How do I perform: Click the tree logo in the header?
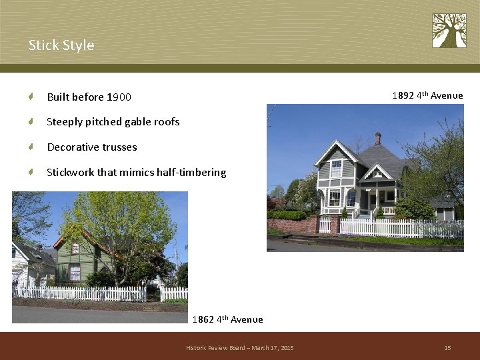point(449,31)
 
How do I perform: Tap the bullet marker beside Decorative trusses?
point(31,147)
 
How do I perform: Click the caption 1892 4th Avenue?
point(427,96)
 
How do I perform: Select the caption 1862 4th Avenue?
point(227,320)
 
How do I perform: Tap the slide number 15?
point(447,348)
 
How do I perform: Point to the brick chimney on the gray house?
point(377,139)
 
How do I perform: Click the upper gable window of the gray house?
point(336,168)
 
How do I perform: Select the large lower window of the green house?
point(75,272)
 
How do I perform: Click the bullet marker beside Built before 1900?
point(31,97)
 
